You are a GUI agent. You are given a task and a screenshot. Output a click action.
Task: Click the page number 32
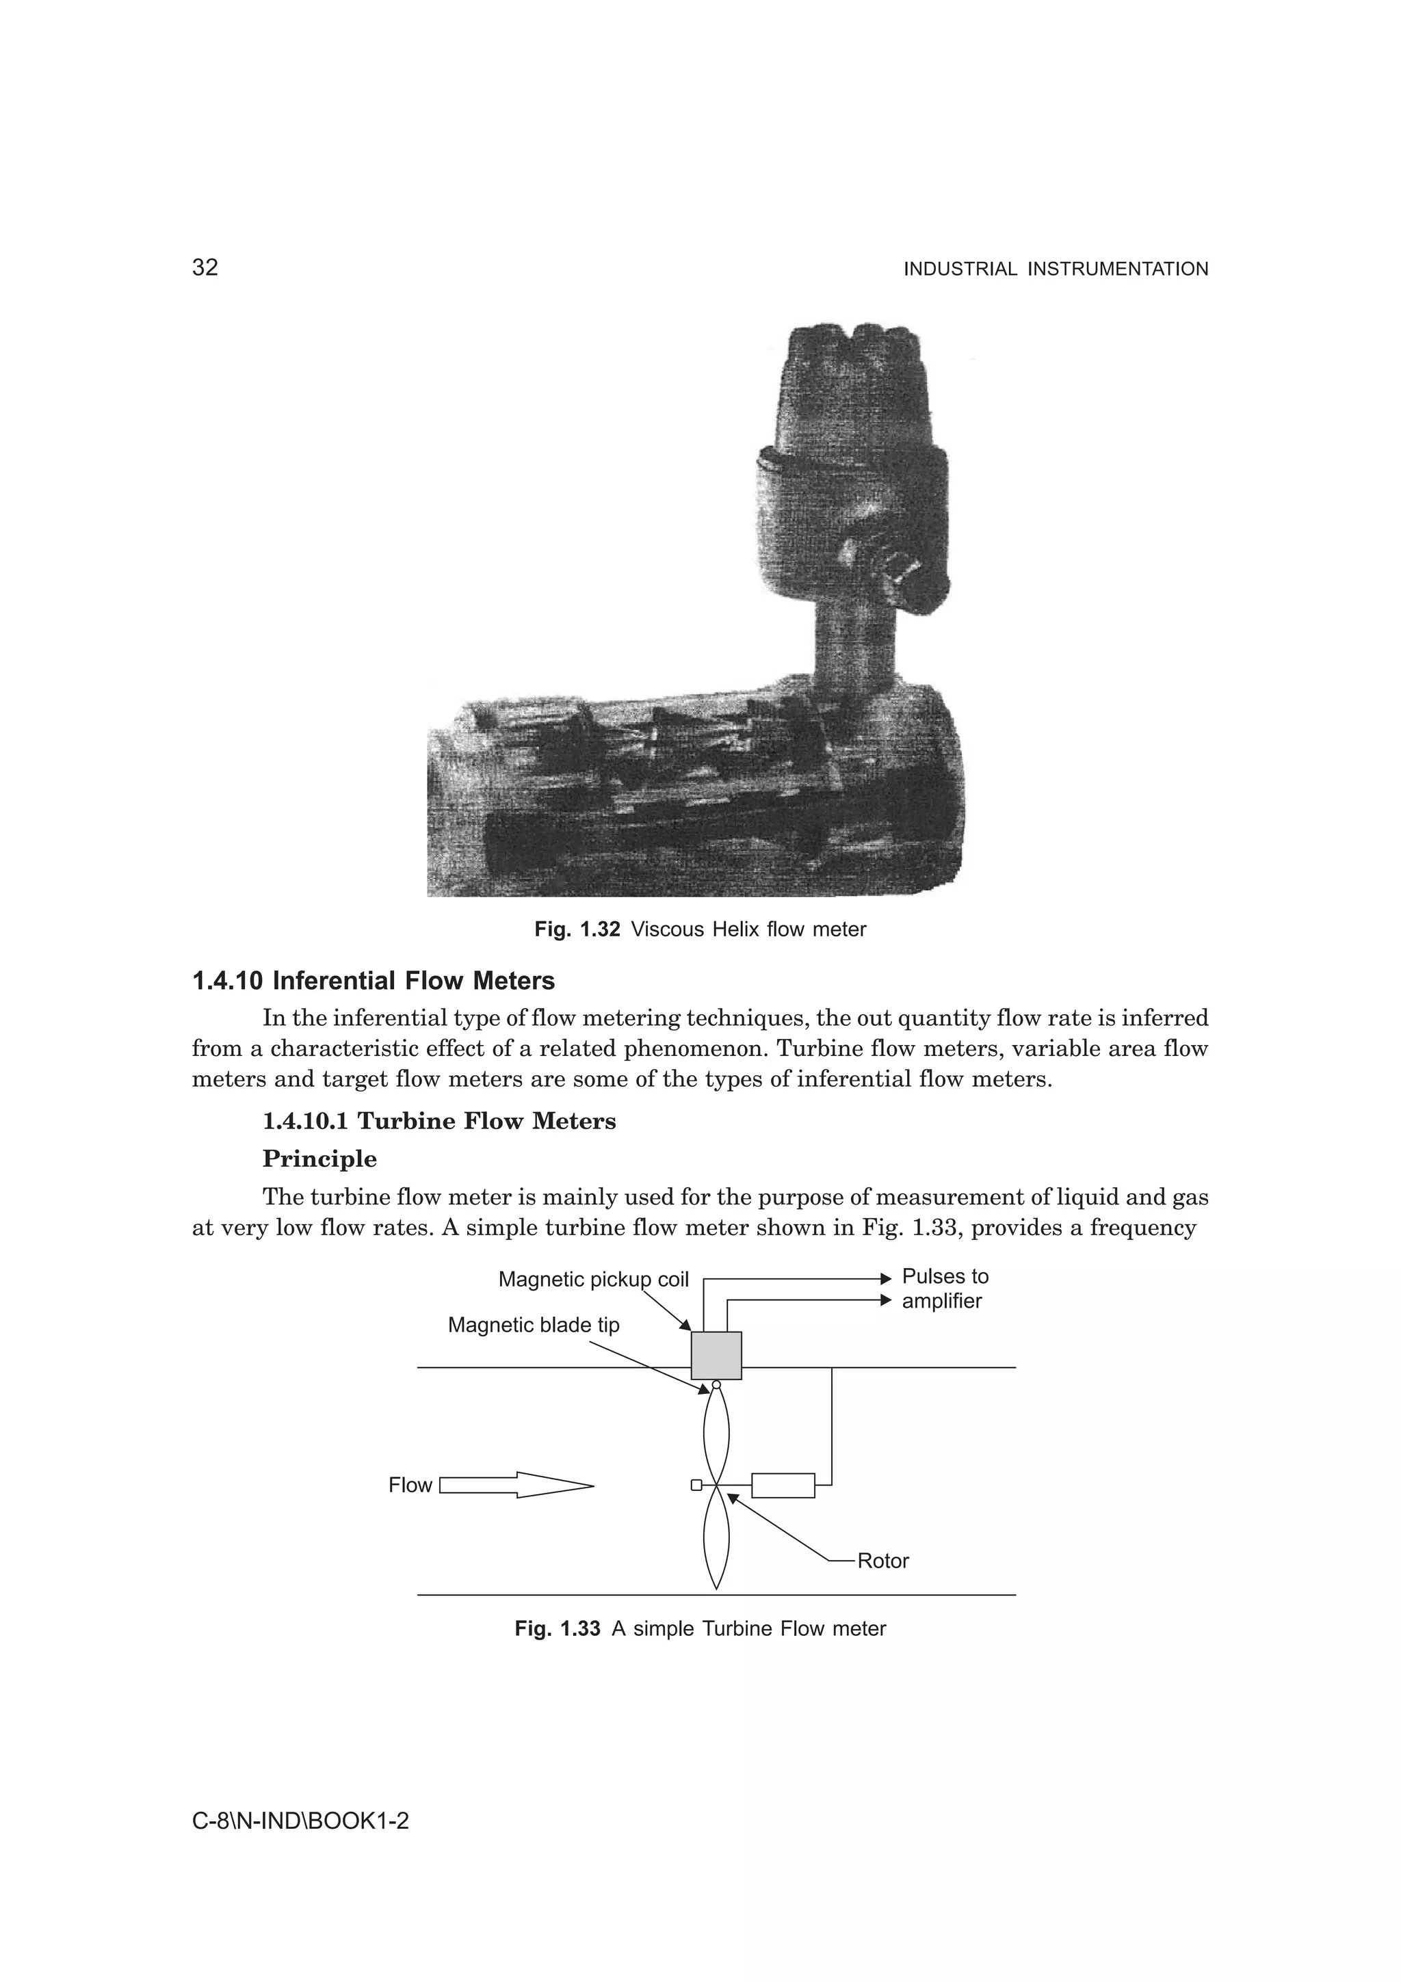pos(205,267)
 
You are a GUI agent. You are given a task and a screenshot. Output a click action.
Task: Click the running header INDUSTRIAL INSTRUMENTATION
pos(1055,269)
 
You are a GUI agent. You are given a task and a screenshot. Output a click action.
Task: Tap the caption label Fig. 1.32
pos(577,929)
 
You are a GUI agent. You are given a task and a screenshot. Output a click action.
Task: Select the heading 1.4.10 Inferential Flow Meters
pos(373,981)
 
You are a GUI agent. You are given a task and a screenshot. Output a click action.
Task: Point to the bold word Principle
pos(319,1159)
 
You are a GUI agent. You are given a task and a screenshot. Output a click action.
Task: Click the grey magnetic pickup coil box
pos(716,1356)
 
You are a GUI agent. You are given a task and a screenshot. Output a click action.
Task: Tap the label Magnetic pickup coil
pos(593,1280)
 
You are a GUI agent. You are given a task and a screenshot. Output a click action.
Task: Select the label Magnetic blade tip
pos(533,1325)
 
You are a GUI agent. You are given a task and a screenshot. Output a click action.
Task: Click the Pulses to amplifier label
pos(944,1289)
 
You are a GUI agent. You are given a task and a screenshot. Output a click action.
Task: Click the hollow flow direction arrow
pos(516,1485)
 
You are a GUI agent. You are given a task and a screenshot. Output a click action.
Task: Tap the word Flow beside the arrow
pos(409,1485)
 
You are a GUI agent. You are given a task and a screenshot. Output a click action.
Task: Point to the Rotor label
pos(882,1561)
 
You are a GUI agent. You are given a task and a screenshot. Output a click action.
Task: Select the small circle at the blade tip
pos(716,1386)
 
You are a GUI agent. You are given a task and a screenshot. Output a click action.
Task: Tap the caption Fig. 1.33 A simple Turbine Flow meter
pos(700,1629)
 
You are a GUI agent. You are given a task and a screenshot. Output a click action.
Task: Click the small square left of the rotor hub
pos(696,1485)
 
